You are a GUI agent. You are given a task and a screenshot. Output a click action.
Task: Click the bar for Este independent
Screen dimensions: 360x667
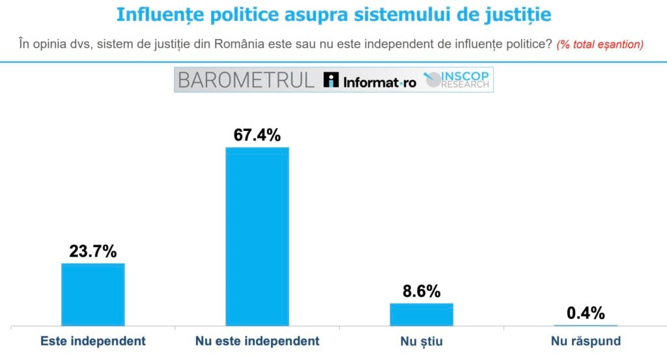click(x=92, y=294)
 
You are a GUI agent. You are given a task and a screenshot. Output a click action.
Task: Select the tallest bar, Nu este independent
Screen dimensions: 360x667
click(x=257, y=236)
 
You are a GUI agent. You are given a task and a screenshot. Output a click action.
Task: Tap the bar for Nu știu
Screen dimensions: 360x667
click(x=421, y=314)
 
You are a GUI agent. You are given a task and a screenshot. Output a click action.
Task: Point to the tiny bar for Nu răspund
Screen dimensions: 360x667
click(x=586, y=325)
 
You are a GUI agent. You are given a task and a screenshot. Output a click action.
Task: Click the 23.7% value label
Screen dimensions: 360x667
click(x=93, y=251)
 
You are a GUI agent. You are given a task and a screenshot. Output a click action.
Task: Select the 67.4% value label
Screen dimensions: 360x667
click(x=257, y=135)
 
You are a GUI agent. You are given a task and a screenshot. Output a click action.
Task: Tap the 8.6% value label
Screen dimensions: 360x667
click(x=421, y=291)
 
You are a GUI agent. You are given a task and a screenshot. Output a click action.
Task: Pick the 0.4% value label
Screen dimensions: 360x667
click(x=586, y=313)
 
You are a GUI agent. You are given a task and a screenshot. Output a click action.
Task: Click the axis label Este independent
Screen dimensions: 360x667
click(x=93, y=341)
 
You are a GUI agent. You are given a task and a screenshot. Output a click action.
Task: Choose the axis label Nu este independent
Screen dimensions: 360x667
click(x=257, y=341)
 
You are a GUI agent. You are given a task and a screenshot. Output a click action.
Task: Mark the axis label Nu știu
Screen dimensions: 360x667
click(x=421, y=341)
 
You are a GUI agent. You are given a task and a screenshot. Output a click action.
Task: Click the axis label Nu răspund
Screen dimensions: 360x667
click(x=586, y=341)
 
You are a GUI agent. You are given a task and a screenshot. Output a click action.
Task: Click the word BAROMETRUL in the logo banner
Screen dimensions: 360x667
click(x=246, y=80)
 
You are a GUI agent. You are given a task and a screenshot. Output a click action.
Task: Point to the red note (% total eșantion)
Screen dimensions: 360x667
click(x=600, y=45)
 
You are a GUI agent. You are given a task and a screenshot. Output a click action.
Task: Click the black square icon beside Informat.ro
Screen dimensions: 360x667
click(x=332, y=80)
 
